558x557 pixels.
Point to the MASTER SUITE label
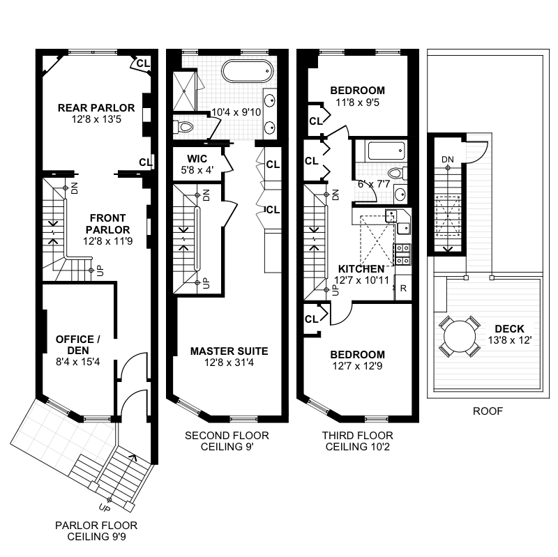pyautogui.click(x=229, y=351)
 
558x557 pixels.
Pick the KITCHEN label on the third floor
pyautogui.click(x=361, y=269)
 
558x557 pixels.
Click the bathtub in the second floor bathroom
pyautogui.click(x=245, y=72)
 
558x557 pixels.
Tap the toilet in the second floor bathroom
pyautogui.click(x=183, y=127)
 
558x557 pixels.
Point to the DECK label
pyautogui.click(x=509, y=329)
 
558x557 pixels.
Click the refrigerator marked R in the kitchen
pyautogui.click(x=402, y=287)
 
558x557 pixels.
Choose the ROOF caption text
pyautogui.click(x=488, y=411)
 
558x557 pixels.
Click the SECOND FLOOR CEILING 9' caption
pyautogui.click(x=227, y=441)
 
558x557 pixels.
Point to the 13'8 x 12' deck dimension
pyautogui.click(x=509, y=341)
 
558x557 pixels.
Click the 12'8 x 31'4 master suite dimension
pyautogui.click(x=229, y=363)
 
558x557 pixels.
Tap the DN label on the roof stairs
pyautogui.click(x=447, y=160)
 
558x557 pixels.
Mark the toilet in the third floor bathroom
pyautogui.click(x=395, y=174)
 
